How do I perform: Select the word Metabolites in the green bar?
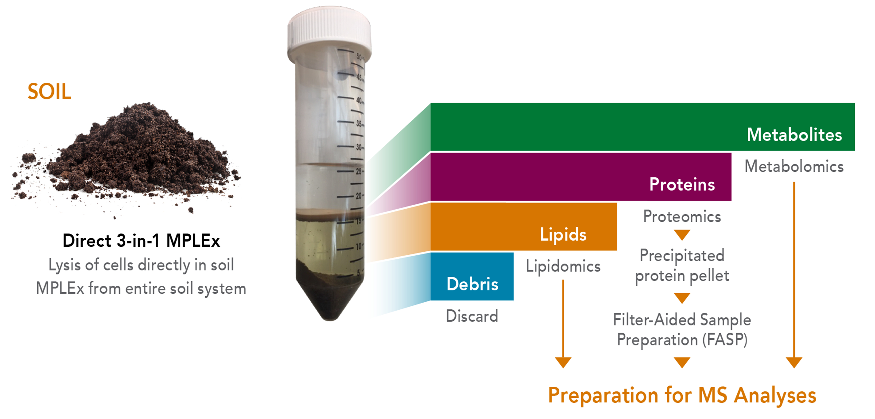click(794, 135)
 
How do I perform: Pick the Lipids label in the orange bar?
click(563, 234)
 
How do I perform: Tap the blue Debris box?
click(472, 276)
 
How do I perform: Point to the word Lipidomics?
click(563, 266)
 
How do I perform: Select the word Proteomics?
click(682, 216)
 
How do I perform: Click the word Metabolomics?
click(794, 167)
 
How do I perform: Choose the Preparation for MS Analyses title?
click(682, 396)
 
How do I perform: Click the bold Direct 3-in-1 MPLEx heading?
click(141, 241)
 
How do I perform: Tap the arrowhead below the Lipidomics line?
click(563, 362)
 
